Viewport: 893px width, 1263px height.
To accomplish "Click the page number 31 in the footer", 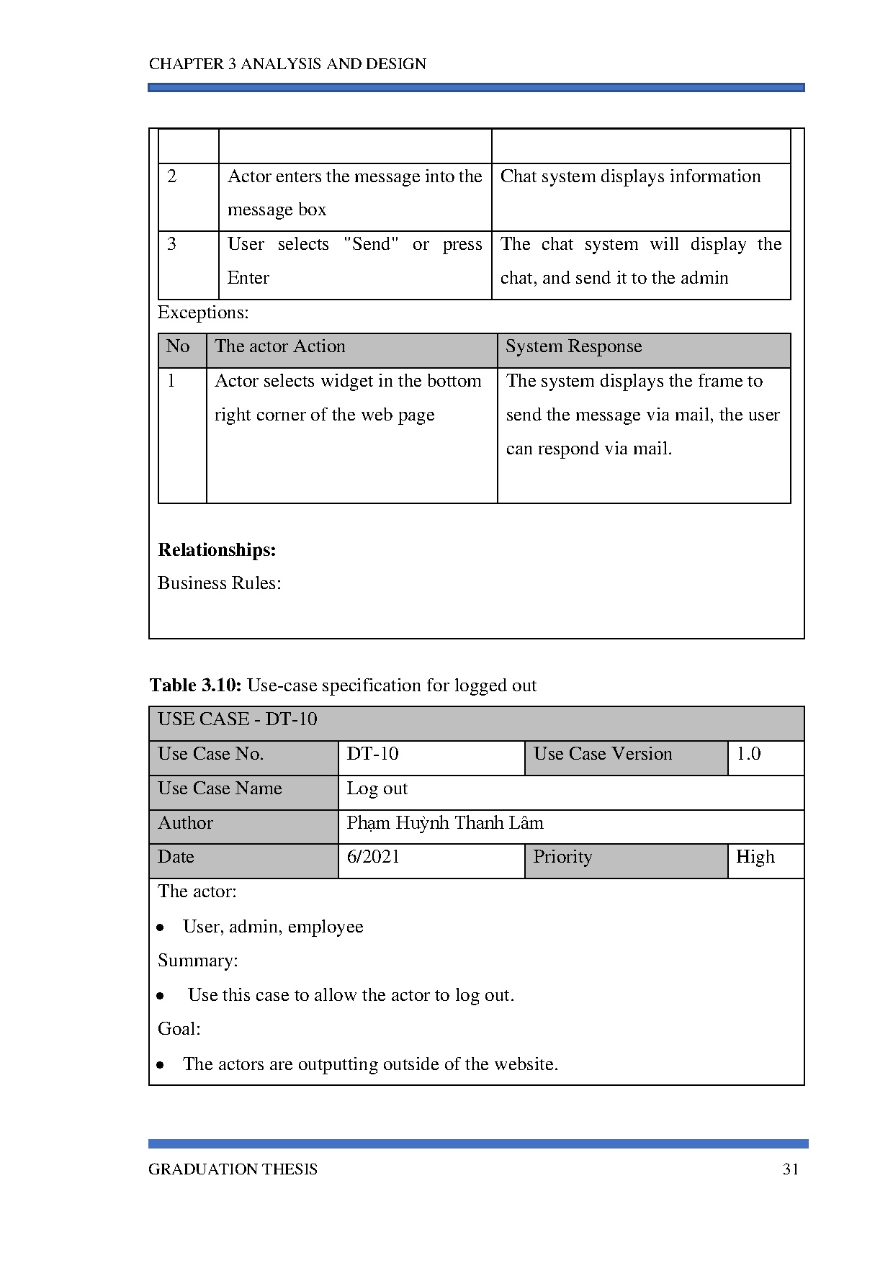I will coord(790,1169).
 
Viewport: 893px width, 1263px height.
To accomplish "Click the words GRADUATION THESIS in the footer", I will coord(233,1169).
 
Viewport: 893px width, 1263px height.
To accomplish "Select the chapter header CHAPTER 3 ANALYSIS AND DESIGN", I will coord(287,64).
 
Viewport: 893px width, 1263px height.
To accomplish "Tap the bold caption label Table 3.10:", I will coord(195,685).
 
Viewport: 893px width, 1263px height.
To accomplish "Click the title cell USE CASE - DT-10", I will coord(238,719).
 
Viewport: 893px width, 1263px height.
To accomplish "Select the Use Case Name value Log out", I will coord(377,788).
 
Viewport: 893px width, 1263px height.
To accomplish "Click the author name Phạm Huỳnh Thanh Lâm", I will coord(444,823).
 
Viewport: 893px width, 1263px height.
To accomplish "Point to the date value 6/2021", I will coord(373,857).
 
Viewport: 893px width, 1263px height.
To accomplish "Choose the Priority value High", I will coord(755,857).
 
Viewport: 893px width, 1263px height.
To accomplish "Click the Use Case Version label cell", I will coord(603,754).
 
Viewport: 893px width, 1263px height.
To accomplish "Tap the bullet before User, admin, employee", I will coord(161,927).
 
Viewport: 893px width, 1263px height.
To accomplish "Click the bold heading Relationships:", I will coord(217,550).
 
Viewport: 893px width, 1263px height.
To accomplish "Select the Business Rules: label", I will coord(219,583).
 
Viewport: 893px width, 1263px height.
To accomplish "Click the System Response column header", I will coord(573,346).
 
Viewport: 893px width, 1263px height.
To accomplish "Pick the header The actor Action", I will coord(279,346).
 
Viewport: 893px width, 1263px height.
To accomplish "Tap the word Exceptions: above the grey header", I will coord(203,313).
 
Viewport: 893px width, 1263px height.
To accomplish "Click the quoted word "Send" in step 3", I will coord(371,244).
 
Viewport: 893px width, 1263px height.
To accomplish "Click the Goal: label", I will coord(179,1029).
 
